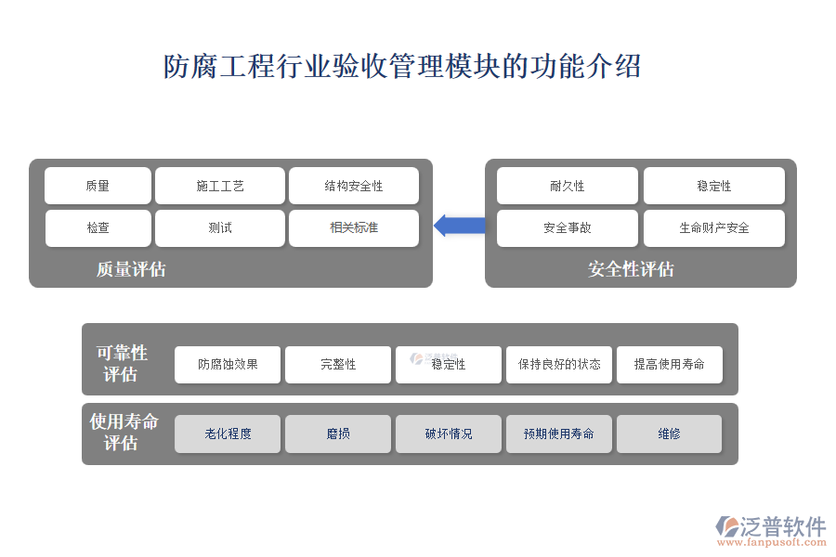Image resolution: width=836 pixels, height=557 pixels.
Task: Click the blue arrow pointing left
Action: (460, 225)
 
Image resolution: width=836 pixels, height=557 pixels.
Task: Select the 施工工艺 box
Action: (220, 186)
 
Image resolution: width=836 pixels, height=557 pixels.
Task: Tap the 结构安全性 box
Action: (354, 186)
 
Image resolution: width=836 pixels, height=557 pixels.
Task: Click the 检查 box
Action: (98, 228)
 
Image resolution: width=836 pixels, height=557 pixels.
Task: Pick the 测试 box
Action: (220, 228)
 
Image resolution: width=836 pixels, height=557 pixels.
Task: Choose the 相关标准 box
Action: (354, 228)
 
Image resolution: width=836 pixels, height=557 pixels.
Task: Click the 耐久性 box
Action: (568, 186)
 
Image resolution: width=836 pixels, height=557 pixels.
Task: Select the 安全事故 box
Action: (568, 228)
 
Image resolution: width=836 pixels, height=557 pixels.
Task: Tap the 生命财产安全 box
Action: (714, 228)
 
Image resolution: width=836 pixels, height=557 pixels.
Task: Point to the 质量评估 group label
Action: (131, 269)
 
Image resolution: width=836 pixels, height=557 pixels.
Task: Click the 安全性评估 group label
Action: (631, 269)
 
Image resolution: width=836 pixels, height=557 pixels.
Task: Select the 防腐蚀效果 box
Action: (228, 365)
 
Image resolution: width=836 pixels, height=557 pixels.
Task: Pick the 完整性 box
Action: (338, 365)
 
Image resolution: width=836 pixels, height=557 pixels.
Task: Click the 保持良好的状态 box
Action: (559, 365)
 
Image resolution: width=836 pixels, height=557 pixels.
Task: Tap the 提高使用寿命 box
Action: (670, 365)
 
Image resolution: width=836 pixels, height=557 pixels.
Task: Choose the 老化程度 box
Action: (228, 434)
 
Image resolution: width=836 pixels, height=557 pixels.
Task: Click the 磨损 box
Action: (338, 434)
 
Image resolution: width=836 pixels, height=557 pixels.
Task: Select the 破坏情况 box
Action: (449, 434)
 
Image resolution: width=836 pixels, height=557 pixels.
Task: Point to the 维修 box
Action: (670, 434)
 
